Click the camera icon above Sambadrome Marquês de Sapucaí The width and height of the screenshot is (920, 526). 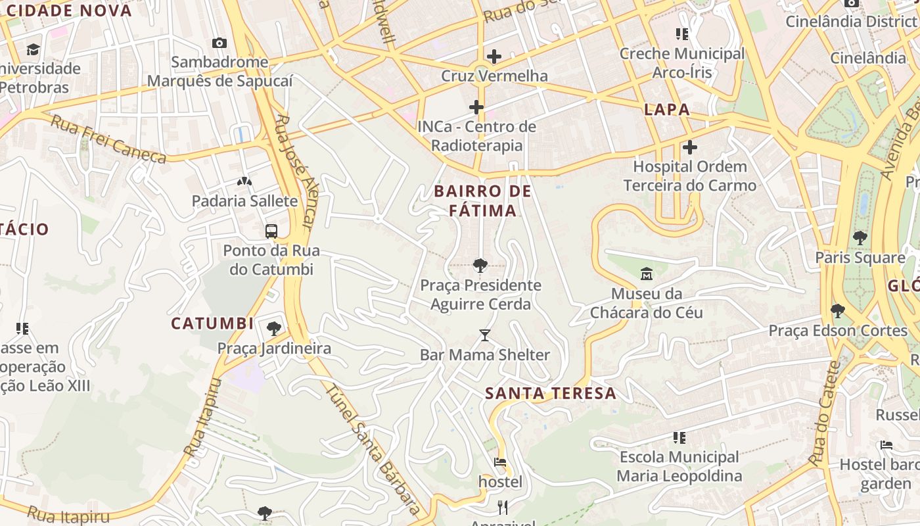pos(219,43)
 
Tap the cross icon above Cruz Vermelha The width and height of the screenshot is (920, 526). pos(494,57)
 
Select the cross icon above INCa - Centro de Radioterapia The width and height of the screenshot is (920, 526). pos(476,107)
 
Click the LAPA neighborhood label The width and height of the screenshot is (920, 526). pos(667,110)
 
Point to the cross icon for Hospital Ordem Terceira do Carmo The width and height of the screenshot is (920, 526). pos(689,147)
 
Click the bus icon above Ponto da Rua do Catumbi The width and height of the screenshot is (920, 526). pos(271,231)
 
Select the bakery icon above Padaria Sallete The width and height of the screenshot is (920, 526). pos(244,181)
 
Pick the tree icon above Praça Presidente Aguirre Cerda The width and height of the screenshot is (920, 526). pos(480,266)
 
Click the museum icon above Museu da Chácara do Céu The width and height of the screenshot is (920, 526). pos(646,274)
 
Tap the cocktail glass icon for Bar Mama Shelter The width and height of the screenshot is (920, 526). pos(485,335)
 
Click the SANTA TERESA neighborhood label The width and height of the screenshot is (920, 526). pos(551,394)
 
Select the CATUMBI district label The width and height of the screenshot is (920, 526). pos(212,323)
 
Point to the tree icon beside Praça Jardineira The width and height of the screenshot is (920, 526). pos(274,328)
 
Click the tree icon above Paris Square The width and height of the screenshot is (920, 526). pos(860,238)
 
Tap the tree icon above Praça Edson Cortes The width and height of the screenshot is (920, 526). pos(837,310)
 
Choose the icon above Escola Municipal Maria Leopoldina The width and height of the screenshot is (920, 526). pos(679,437)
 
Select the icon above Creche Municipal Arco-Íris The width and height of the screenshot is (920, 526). pos(682,34)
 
